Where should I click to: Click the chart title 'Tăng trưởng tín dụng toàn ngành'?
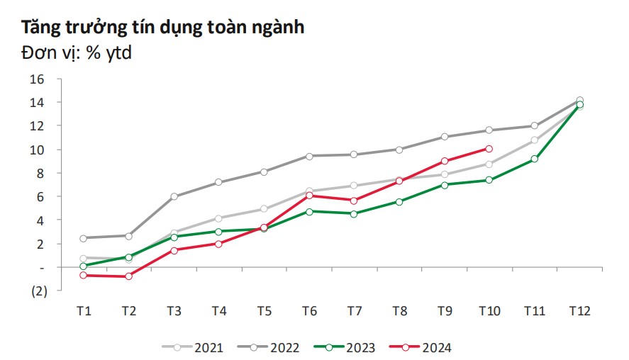tap(162, 28)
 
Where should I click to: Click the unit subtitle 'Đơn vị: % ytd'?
tap(77, 52)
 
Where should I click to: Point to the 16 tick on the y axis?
tap(37, 79)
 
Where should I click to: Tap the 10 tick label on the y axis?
tap(37, 150)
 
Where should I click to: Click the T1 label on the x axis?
tap(84, 311)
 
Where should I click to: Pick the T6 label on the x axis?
tap(309, 311)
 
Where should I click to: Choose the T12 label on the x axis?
tap(579, 311)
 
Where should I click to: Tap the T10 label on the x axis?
tap(489, 311)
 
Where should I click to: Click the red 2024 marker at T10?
tap(489, 149)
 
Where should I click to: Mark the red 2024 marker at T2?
tap(129, 276)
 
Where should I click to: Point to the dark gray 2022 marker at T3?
tap(174, 196)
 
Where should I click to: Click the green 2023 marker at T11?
tap(534, 159)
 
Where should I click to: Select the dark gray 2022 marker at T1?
tap(84, 238)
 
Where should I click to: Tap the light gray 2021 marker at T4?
tap(218, 218)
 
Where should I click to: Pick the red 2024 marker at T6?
tap(309, 196)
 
